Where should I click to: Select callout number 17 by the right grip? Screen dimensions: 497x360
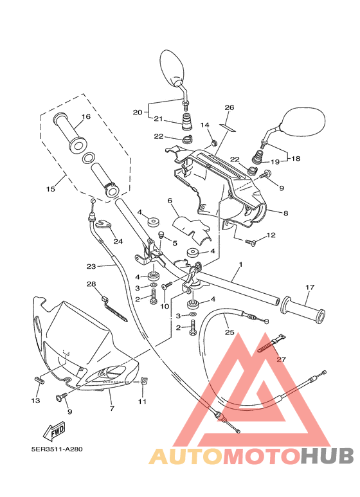click(x=309, y=287)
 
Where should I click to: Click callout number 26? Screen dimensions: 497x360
click(x=230, y=107)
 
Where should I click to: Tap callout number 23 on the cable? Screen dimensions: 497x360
click(x=91, y=266)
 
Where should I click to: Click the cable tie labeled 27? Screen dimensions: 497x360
click(x=271, y=345)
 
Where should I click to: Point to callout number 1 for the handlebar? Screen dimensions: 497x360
click(x=240, y=264)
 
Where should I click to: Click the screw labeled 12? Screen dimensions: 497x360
click(x=251, y=242)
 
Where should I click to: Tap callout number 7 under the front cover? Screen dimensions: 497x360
click(x=111, y=408)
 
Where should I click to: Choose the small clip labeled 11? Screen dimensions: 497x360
click(x=144, y=381)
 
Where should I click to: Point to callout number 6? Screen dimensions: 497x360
click(x=170, y=201)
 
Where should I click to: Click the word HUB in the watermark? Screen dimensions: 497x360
click(x=328, y=456)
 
